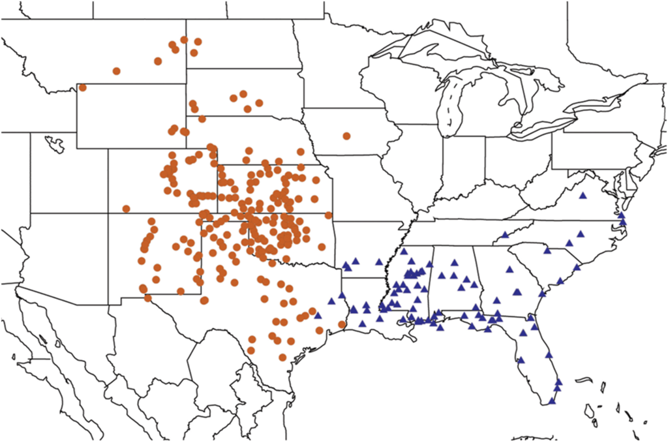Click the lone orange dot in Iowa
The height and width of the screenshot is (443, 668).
[x=346, y=136]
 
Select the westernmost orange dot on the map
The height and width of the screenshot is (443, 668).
[x=83, y=87]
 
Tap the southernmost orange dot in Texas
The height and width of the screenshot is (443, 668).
[x=282, y=357]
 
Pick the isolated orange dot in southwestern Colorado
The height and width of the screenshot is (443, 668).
[x=126, y=209]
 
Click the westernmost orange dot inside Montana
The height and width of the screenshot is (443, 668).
[x=117, y=70]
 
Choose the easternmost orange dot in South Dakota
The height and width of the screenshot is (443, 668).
[x=259, y=102]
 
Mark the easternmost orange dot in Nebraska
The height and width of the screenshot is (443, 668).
[x=301, y=151]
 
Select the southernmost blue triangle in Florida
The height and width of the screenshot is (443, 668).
[x=553, y=401]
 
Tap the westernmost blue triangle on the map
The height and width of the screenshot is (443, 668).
[x=318, y=315]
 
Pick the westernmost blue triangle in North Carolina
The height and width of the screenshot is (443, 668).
[x=506, y=235]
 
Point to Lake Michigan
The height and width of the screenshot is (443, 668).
[x=450, y=104]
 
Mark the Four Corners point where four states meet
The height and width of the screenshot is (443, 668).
[x=108, y=213]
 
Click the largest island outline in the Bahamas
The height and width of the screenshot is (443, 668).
[x=589, y=410]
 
